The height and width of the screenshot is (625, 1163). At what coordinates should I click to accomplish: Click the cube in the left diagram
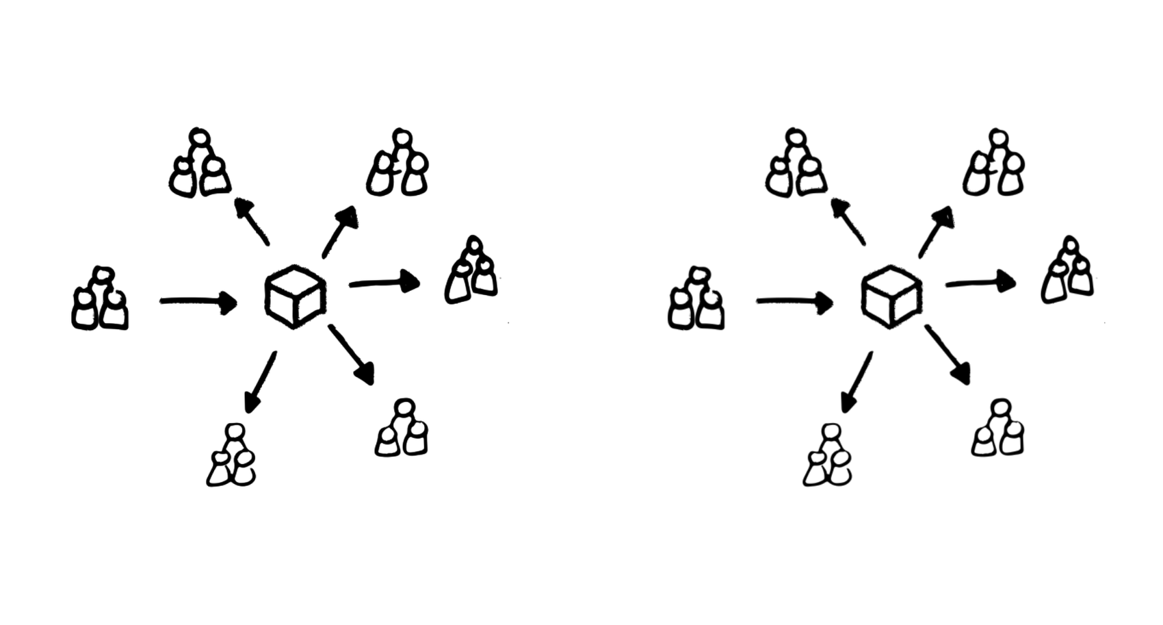(295, 297)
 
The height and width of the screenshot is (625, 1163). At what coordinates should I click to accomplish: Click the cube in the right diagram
(891, 297)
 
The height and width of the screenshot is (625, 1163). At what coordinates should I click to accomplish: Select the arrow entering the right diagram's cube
(794, 301)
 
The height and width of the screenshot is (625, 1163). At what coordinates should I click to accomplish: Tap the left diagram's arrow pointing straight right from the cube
(384, 282)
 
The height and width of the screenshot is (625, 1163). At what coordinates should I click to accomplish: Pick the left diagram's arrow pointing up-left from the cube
(251, 220)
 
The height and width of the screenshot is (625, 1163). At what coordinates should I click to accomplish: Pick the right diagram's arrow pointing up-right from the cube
(936, 231)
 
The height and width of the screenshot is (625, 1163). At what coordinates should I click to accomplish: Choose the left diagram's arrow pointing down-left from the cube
(260, 383)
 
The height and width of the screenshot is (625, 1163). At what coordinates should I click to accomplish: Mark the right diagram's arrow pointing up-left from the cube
(848, 220)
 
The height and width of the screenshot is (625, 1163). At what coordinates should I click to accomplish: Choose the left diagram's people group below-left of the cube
(232, 457)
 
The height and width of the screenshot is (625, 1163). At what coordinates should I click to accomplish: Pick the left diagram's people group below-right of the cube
(402, 429)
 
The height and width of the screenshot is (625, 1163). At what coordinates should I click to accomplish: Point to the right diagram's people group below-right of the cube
(998, 429)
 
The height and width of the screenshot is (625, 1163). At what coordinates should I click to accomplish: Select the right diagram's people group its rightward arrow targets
(1067, 271)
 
